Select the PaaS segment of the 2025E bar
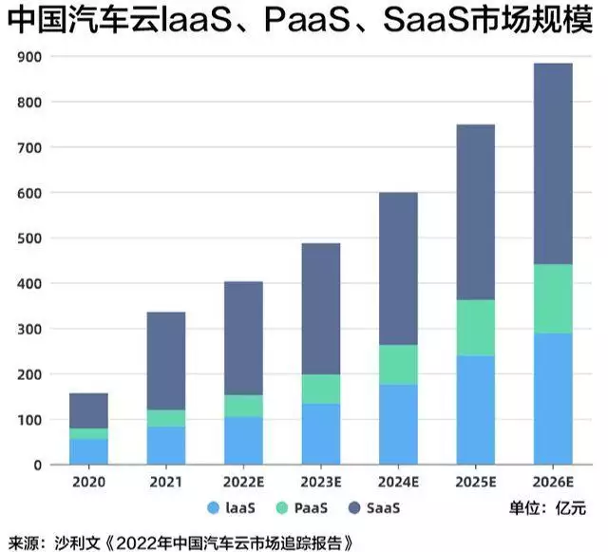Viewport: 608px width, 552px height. [476, 328]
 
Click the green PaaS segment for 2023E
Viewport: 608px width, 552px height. [321, 389]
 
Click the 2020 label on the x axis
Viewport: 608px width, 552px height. [88, 482]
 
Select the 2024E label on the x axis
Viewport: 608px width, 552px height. [399, 482]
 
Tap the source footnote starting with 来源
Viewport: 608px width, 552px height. [180, 542]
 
